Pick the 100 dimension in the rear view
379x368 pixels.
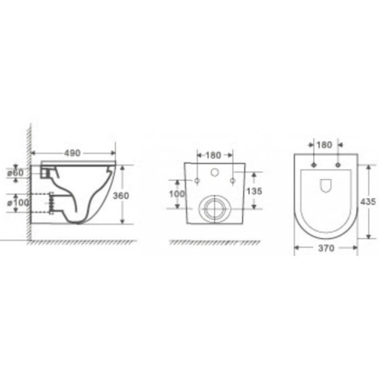(x=177, y=194)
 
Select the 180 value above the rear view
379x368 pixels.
(x=214, y=155)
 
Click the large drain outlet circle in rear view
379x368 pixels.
(x=214, y=208)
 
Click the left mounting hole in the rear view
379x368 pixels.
(x=197, y=180)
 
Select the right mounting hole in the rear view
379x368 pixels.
(x=232, y=180)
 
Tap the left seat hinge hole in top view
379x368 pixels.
(x=314, y=164)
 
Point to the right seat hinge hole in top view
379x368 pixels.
(x=337, y=164)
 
